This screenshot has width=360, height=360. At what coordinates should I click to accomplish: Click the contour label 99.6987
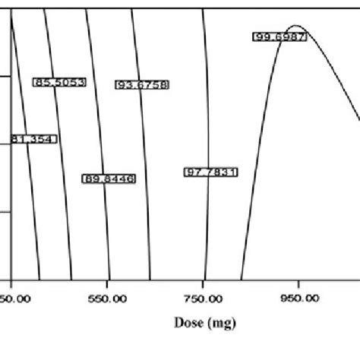279,36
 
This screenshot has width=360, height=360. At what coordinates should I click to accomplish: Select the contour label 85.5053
59,81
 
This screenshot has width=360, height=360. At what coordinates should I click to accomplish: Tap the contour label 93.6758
142,85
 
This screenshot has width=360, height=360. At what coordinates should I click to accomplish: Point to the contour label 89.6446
109,178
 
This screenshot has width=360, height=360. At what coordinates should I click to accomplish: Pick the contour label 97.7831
210,172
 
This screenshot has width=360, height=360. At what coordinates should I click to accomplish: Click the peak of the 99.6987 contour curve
295,26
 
